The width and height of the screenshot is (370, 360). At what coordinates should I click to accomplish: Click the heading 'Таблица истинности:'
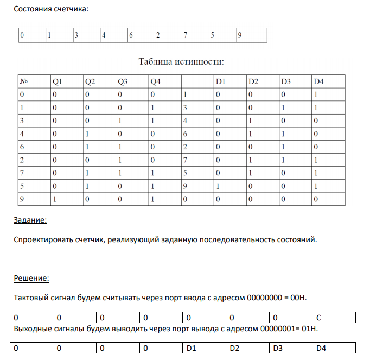pos(181,61)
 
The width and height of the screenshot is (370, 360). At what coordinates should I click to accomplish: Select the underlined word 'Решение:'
pos(31,279)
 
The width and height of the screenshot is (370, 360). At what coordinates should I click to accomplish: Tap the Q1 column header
pos(58,82)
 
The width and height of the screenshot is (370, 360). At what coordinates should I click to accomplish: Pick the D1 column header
pos(220,82)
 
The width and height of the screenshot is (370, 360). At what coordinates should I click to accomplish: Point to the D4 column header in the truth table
pos(318,82)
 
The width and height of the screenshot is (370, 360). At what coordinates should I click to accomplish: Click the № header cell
pos(24,82)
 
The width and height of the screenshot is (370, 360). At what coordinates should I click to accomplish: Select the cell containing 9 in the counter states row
pos(239,36)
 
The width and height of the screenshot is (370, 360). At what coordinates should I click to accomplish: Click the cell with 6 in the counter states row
pos(131,36)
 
